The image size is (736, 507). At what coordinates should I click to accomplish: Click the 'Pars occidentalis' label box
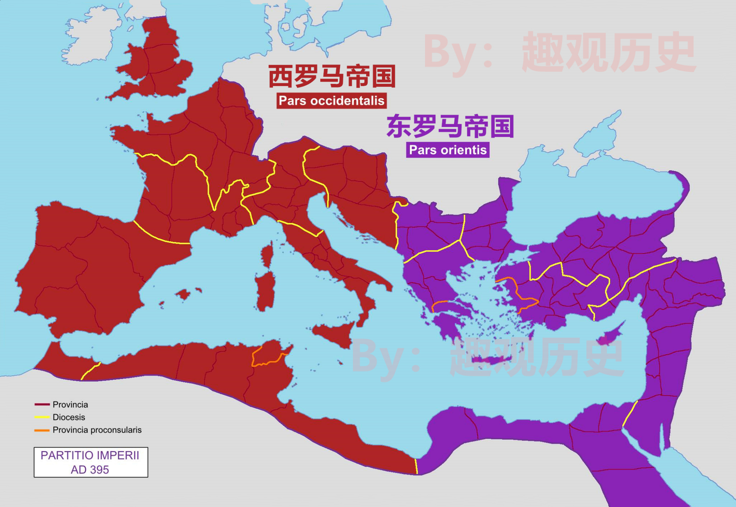pos(331,100)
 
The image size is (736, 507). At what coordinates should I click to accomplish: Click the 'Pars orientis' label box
pos(447,150)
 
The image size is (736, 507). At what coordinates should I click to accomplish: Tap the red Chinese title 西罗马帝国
pos(332,76)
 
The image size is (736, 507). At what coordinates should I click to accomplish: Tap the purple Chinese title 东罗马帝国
pos(450,126)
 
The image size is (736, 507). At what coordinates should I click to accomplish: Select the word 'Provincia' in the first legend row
pos(70,404)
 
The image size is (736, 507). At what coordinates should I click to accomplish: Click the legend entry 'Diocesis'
pos(69,417)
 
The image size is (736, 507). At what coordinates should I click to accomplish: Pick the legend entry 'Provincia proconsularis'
pos(97,430)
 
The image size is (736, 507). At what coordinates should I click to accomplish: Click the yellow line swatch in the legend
pos(42,417)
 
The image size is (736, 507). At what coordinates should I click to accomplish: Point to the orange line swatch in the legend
pos(42,430)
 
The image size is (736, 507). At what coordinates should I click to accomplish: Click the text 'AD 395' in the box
pos(90,469)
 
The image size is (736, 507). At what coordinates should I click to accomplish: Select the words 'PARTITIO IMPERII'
pos(90,455)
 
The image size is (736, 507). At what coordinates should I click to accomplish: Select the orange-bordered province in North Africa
pos(267,353)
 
